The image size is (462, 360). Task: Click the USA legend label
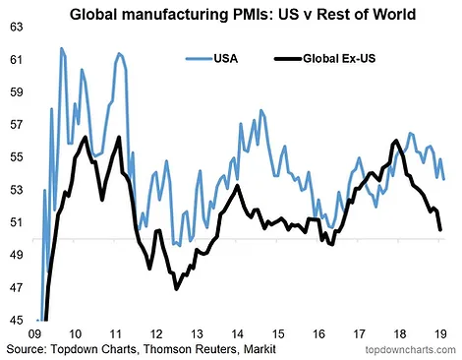(x=226, y=59)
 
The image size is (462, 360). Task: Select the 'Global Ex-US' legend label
(x=339, y=59)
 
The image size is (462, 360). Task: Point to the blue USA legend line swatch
(x=199, y=59)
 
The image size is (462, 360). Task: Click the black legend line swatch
(x=288, y=59)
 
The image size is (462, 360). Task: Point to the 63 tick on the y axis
(x=17, y=28)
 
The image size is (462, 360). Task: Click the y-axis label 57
(x=17, y=125)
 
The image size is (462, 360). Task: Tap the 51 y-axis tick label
(x=17, y=222)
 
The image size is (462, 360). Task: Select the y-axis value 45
(x=17, y=320)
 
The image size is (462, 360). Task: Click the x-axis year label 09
(x=34, y=334)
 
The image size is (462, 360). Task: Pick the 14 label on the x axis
(x=237, y=334)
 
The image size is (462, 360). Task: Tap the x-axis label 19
(x=440, y=334)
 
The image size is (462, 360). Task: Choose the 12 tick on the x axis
(x=156, y=334)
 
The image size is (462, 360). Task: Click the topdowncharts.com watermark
(x=410, y=350)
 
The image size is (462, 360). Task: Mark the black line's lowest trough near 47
(x=177, y=289)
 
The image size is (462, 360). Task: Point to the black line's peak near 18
(x=396, y=141)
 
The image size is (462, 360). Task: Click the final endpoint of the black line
(x=440, y=229)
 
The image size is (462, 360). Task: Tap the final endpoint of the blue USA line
(x=444, y=179)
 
